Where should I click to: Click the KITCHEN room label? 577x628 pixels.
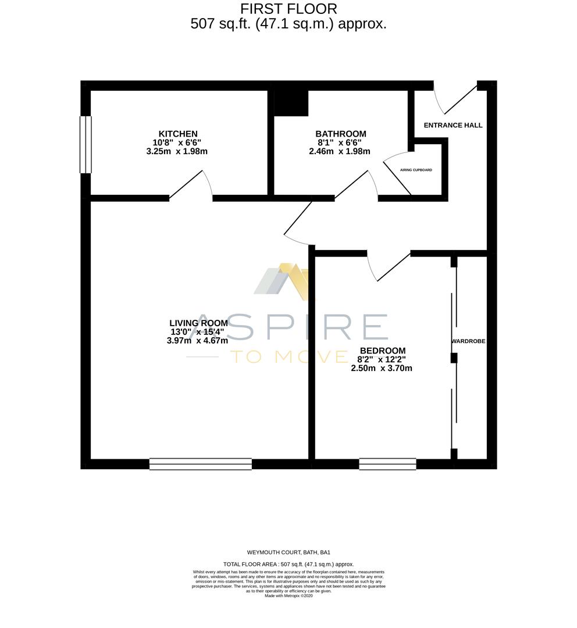(x=178, y=134)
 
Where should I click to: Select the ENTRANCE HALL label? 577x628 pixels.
(x=453, y=125)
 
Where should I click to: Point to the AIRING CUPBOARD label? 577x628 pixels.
(x=416, y=170)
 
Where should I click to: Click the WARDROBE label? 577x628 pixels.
(x=468, y=341)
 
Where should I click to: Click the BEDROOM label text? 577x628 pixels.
(x=382, y=351)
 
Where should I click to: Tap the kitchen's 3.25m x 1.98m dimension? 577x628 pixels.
(x=177, y=151)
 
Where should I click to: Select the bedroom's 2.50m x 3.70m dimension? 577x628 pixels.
(x=382, y=368)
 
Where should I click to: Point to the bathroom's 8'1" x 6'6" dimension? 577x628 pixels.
(x=340, y=142)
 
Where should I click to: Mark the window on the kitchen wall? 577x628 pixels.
(x=86, y=145)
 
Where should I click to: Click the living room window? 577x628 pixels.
(x=201, y=464)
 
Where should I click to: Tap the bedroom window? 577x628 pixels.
(x=387, y=464)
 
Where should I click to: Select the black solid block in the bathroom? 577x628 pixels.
(x=291, y=103)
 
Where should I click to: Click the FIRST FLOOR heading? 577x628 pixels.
(x=288, y=9)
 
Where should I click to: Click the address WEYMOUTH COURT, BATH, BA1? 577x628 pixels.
(x=288, y=552)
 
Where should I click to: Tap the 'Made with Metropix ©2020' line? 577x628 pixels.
(x=288, y=595)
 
